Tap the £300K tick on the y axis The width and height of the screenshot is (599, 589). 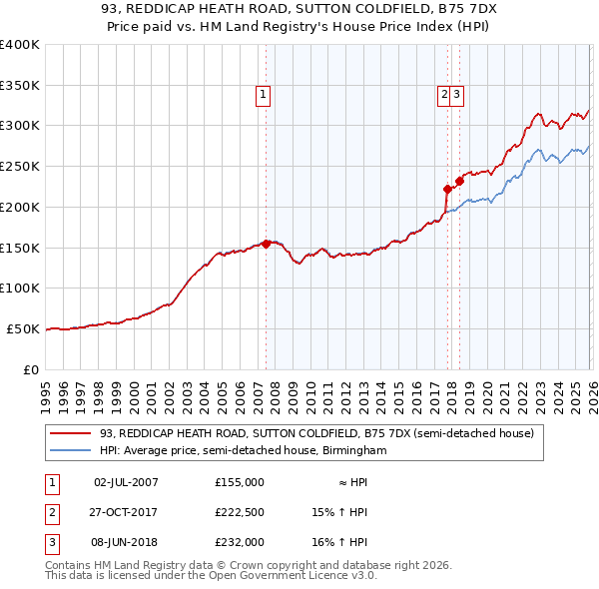20,126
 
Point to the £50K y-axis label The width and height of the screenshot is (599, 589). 23,328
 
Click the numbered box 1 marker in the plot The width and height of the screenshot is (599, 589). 264,95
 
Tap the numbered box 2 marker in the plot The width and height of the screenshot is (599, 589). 443,95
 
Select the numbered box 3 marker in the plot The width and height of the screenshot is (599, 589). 456,95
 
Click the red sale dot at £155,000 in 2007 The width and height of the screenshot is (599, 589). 266,243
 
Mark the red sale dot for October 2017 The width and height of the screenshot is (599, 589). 447,188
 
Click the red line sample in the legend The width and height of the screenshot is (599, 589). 71,433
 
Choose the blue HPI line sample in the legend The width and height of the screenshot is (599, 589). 71,450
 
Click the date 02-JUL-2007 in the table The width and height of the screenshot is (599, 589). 126,482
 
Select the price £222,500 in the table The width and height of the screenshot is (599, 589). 240,512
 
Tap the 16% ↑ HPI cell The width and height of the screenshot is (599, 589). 339,542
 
